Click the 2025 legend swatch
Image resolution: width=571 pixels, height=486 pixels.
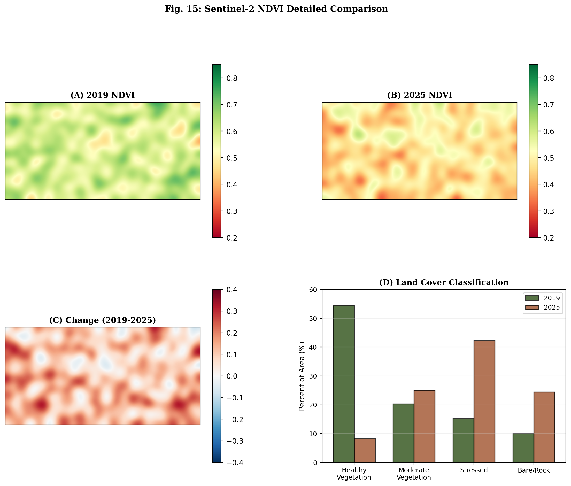(532, 307)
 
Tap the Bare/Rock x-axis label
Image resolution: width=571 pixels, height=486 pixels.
(534, 470)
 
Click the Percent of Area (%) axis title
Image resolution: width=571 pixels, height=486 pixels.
(302, 376)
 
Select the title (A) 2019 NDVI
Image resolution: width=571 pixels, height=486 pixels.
(103, 95)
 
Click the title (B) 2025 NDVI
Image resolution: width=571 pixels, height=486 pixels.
(419, 95)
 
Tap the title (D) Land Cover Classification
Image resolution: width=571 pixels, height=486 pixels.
(443, 282)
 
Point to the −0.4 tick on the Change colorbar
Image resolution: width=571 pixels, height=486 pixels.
(234, 462)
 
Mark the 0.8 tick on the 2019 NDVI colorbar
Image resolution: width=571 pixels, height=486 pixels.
(232, 78)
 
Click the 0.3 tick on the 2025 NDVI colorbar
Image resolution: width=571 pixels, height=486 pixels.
(548, 211)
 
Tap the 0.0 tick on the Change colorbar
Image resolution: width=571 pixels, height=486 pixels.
(232, 376)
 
